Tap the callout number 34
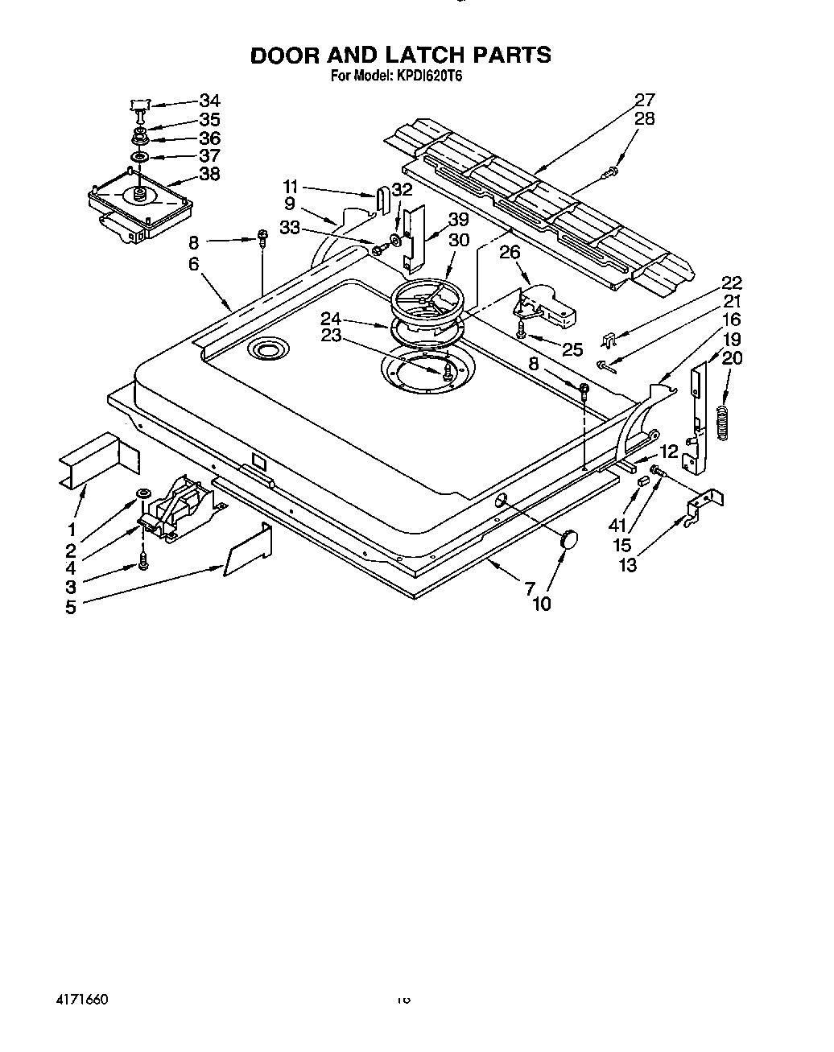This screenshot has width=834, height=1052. pos(209,101)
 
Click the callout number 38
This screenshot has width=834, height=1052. pos(209,173)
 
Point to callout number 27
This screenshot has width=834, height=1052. pos(645,100)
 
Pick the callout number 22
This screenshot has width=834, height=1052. pos(731,283)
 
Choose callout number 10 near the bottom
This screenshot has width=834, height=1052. pos(542,604)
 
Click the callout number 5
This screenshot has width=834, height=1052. pos(71,607)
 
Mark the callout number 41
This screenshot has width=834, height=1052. pos(617,525)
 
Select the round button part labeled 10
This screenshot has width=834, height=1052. pos(569,539)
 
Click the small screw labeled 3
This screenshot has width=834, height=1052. pos(144,561)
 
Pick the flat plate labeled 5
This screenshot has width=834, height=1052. pos(246,551)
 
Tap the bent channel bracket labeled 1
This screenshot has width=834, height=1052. pos(98,460)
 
